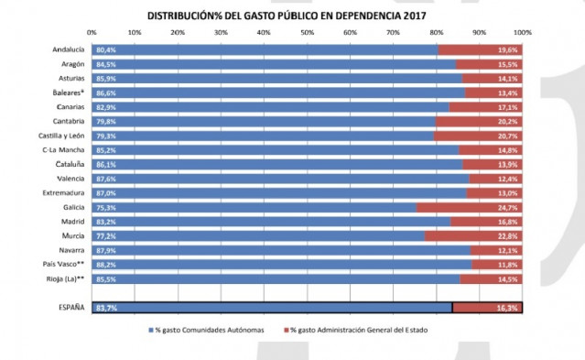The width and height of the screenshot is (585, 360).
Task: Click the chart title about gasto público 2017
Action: pos(287,16)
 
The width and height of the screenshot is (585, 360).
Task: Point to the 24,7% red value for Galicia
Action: pos(507,207)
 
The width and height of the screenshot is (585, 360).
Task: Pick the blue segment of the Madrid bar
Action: pos(275,221)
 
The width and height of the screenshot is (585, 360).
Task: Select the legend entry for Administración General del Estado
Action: pos(358,330)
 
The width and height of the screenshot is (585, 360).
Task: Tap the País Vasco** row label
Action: pos(65,264)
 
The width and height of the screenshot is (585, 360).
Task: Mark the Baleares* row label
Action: pos(68,93)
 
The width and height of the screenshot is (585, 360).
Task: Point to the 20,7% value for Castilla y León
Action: pos(507,136)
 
